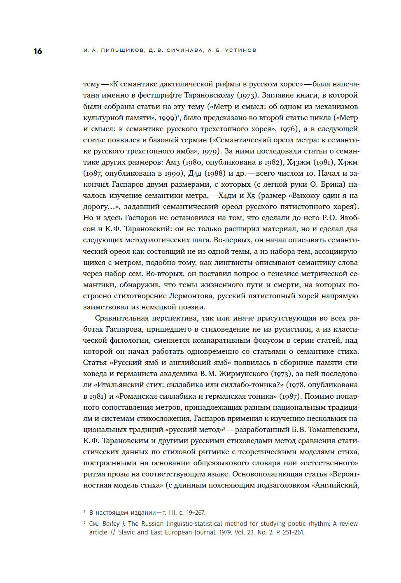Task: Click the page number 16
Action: coord(37,51)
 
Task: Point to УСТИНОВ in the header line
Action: coord(240,50)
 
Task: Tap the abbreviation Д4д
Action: coord(195,173)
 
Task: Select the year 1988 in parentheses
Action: coord(215,173)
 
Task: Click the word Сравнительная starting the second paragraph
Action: coord(122,318)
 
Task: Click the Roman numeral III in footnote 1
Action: coord(172,513)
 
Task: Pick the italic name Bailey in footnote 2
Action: coord(111,524)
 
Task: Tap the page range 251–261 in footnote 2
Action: coord(293,532)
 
